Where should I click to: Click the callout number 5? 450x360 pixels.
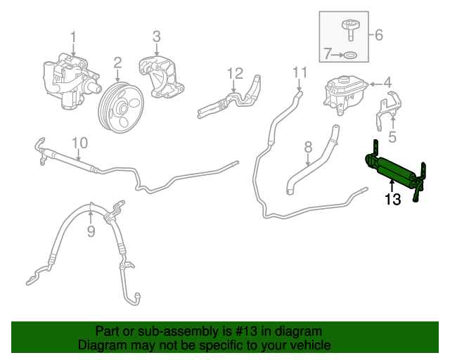(393, 138)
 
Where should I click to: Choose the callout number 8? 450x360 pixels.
(307, 147)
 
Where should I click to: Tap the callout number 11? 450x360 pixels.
(300, 71)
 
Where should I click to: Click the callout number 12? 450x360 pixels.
(234, 72)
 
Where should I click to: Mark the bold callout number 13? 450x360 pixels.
(392, 200)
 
